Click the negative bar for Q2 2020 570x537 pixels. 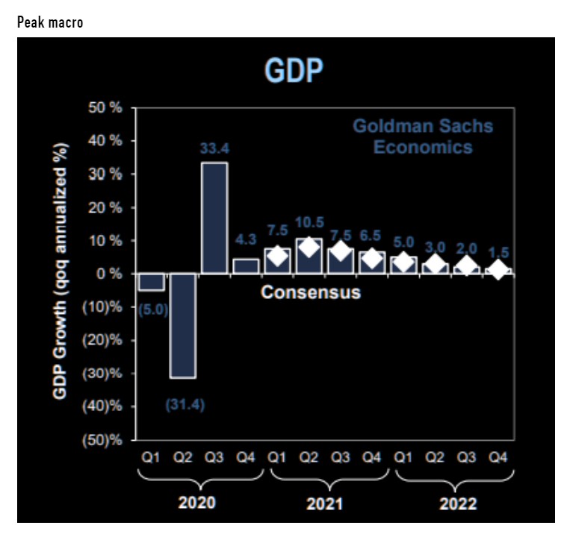(x=183, y=325)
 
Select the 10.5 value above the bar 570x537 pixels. (x=309, y=223)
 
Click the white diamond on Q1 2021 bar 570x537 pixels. (x=277, y=257)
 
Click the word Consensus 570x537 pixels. (x=310, y=292)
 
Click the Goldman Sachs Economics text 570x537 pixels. (x=423, y=136)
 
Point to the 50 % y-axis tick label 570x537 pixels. (x=105, y=108)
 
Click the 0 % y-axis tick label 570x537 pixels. (x=109, y=274)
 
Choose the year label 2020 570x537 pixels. (x=197, y=502)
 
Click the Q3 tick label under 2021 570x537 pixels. (x=340, y=459)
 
